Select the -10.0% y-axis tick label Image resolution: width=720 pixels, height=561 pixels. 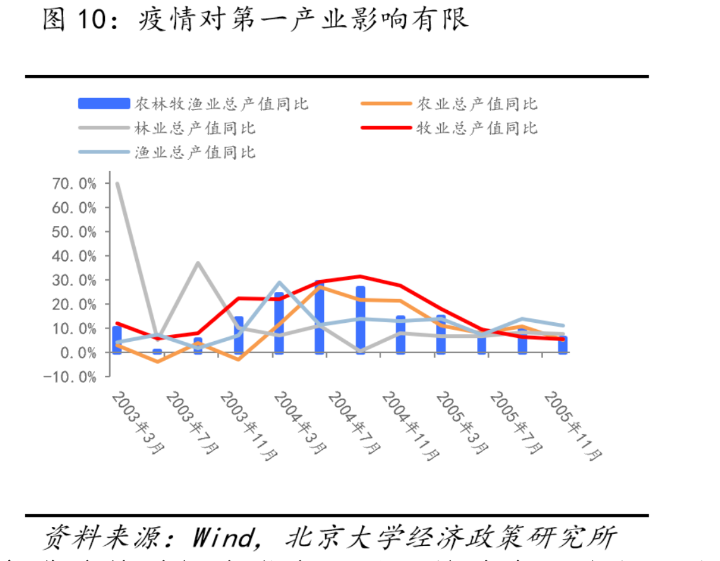(71, 377)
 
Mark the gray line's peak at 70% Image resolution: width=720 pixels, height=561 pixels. (117, 183)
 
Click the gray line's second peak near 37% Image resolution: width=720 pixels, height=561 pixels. (198, 263)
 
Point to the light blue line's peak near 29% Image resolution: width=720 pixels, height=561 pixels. (280, 282)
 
